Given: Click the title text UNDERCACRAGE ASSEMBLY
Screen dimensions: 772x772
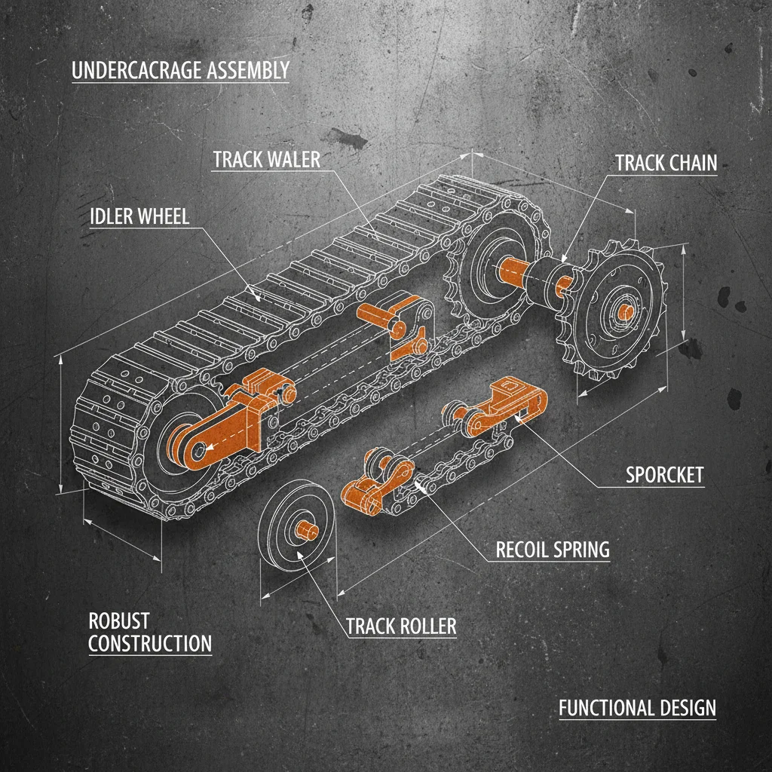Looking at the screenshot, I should [x=180, y=71].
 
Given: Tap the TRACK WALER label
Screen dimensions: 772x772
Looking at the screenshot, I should [x=266, y=160].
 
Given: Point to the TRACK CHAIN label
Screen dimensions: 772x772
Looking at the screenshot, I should [x=666, y=163].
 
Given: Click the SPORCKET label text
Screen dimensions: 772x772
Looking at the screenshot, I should [x=664, y=474].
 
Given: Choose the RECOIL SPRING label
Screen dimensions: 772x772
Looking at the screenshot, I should [x=552, y=550].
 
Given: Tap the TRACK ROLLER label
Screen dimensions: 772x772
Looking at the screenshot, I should [x=401, y=626].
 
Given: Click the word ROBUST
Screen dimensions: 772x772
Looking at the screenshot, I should [x=119, y=621].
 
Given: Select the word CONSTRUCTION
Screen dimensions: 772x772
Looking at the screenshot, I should [x=150, y=644].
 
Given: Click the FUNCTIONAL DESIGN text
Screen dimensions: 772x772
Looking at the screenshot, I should [x=637, y=708].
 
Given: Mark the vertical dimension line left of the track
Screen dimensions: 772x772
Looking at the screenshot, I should [x=61, y=426].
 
